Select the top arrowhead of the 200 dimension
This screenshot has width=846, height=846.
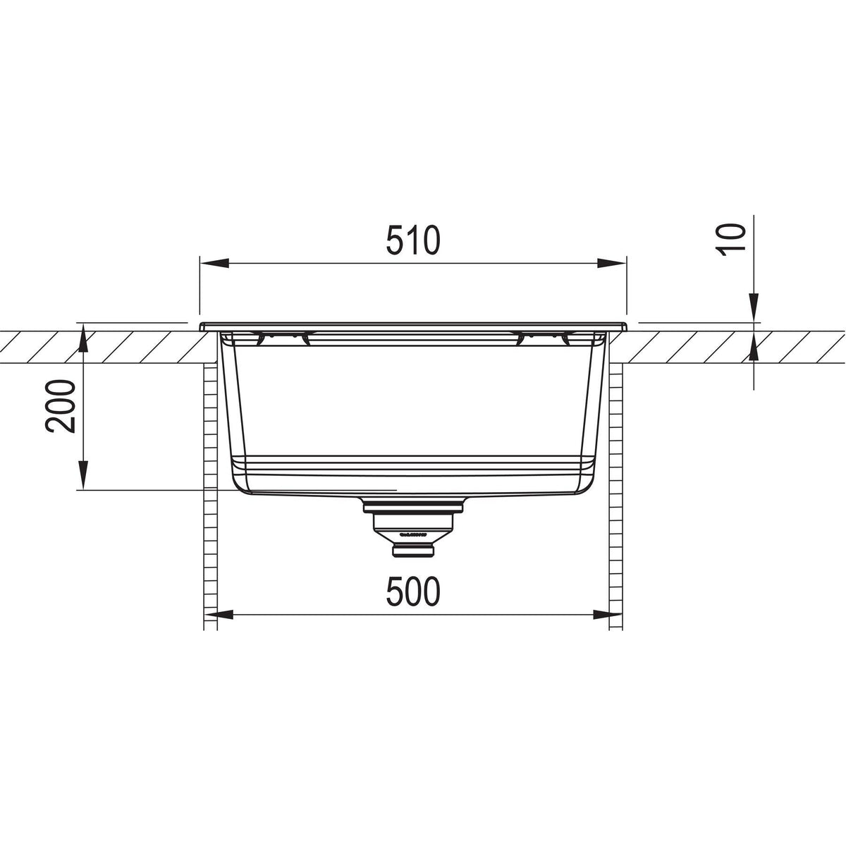coord(83,339)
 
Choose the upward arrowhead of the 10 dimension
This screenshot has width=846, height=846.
coord(754,348)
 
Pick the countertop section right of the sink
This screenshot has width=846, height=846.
coord(733,345)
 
